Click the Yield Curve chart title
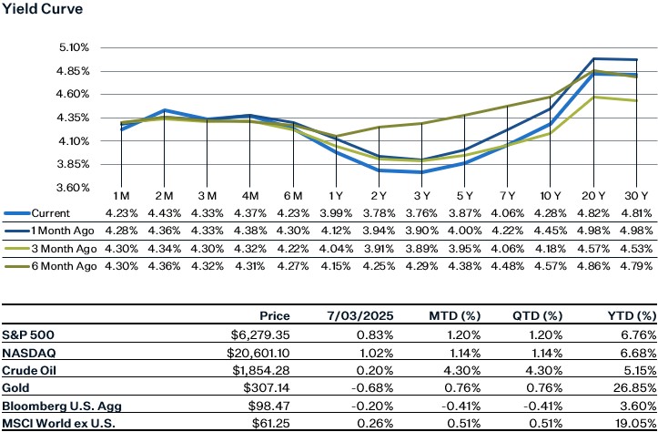[40, 10]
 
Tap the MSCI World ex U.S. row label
[56, 424]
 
